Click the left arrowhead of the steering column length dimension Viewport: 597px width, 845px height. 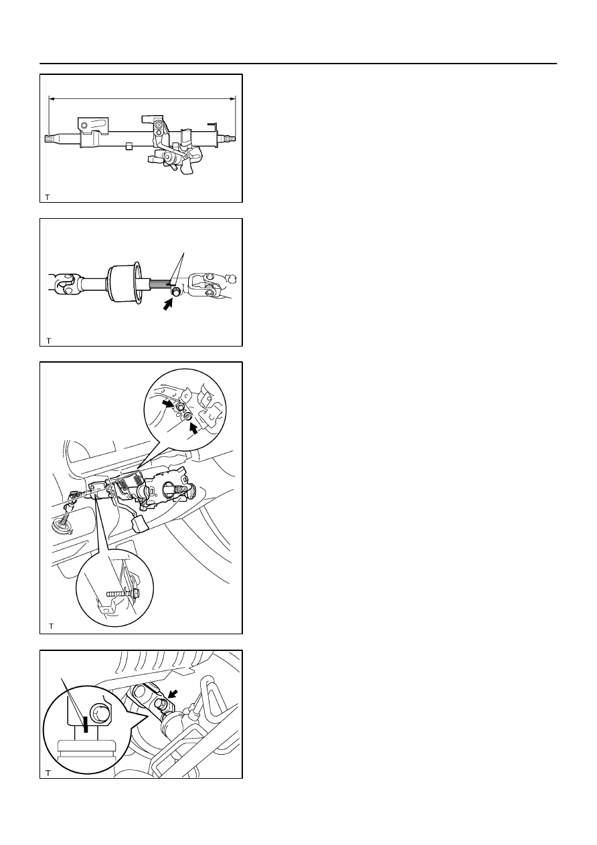tap(52, 99)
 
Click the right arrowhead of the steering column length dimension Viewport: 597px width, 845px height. tap(232, 99)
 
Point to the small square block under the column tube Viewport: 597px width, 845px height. tap(129, 146)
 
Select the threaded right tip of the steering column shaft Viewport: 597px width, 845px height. tap(231, 138)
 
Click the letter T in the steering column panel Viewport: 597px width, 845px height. tap(47, 197)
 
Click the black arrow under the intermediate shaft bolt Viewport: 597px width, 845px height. tap(168, 304)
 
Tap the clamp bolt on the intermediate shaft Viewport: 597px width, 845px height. tap(175, 291)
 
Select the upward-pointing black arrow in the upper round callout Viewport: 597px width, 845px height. tap(193, 428)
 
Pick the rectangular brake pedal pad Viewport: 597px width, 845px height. tap(139, 524)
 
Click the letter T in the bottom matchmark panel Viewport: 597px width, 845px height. tap(48, 773)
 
